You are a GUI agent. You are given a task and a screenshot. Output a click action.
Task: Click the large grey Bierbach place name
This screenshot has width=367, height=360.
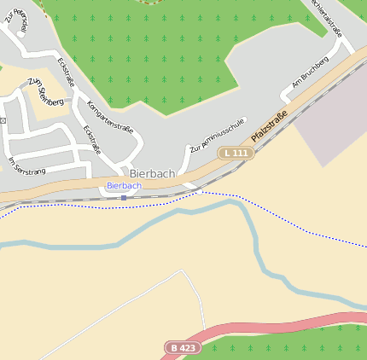(152, 173)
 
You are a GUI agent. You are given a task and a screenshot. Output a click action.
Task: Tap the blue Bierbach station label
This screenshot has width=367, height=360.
(124, 185)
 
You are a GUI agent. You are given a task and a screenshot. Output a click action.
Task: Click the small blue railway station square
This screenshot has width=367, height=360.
(124, 198)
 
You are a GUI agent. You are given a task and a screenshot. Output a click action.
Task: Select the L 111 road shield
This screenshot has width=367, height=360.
(236, 153)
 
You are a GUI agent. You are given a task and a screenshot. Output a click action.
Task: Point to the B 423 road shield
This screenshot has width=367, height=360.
(181, 348)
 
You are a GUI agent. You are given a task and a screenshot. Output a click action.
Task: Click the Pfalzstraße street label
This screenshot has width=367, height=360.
(269, 126)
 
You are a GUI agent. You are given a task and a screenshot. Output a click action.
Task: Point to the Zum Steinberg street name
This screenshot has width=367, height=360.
(45, 91)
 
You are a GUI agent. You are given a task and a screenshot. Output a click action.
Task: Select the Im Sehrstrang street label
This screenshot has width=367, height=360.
(26, 165)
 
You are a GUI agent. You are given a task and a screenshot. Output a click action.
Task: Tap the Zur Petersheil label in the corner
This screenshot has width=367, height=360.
(16, 17)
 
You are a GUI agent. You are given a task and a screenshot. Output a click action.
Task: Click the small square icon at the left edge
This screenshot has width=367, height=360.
(3, 120)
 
